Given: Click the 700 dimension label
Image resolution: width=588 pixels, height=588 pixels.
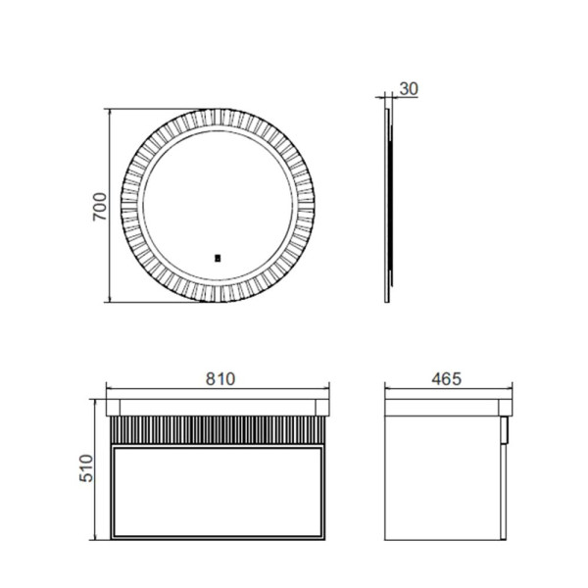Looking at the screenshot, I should (x=99, y=207).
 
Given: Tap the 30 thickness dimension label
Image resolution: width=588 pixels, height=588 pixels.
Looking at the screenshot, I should (x=410, y=89).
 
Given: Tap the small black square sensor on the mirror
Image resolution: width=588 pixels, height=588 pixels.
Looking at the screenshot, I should (x=218, y=259).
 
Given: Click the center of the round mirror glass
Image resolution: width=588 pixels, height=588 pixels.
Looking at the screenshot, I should (x=218, y=207).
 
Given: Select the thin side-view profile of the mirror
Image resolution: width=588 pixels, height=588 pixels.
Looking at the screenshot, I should (x=389, y=207).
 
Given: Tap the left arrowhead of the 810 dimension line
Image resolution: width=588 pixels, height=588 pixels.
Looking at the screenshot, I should (x=107, y=388).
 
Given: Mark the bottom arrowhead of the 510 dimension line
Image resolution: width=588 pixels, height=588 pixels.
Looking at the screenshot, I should (x=95, y=537).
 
